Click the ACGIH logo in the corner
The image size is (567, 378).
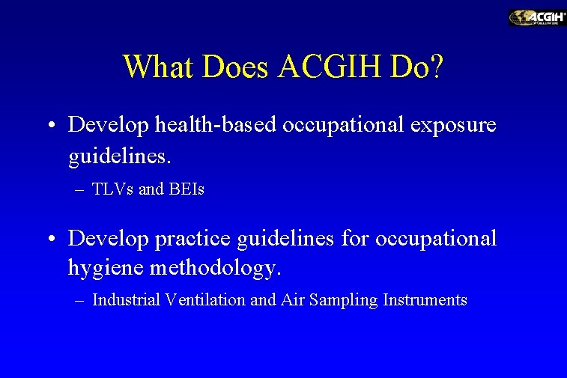coord(537,17)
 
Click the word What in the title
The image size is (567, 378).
coord(154,67)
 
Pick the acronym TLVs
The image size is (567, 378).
coord(113,189)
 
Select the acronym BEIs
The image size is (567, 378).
coord(185,189)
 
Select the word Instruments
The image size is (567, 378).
coord(425,300)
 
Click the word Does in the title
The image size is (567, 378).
coord(232,67)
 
